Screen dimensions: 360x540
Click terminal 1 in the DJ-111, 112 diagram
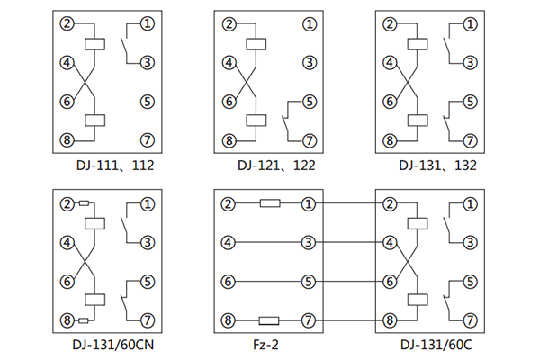(x=148, y=22)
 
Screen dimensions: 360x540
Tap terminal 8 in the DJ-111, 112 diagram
(x=66, y=139)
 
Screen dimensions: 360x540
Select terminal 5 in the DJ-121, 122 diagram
(x=310, y=102)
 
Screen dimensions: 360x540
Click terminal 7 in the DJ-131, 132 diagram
(x=470, y=140)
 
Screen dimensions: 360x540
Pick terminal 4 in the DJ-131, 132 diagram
(x=389, y=62)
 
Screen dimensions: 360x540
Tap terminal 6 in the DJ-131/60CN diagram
(x=66, y=282)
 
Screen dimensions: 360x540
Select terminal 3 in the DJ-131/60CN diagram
(x=148, y=242)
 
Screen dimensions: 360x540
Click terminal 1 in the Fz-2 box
(x=309, y=203)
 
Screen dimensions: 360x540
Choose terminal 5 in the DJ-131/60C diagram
(x=470, y=282)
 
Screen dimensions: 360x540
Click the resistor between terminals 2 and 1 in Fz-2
(x=270, y=203)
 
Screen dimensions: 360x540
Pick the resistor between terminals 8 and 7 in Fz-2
(x=270, y=320)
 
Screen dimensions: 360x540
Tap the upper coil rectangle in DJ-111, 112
(x=94, y=42)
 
